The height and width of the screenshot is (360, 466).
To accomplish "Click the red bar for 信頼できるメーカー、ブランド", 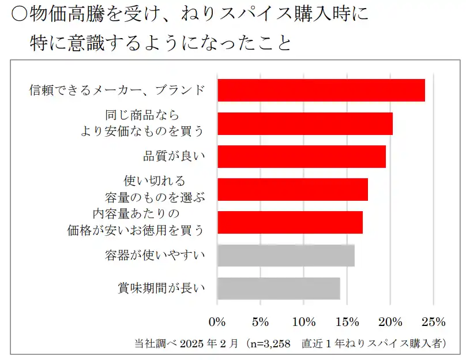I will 321,90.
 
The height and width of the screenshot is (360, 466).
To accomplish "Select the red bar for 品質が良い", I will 302,156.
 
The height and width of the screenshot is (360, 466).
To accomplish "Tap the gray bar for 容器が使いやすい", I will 286,256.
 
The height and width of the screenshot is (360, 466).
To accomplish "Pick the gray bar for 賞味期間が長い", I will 279,288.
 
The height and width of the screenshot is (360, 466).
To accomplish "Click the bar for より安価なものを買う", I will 305,123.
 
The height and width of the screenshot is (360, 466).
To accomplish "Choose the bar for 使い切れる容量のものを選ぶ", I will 292,189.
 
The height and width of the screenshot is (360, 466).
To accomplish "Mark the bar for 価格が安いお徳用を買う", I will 290,223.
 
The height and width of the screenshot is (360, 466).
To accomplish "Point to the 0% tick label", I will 217,321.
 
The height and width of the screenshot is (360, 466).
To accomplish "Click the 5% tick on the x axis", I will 261,321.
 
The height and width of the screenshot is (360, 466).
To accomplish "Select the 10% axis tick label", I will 304,321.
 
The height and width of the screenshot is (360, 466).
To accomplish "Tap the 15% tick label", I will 347,321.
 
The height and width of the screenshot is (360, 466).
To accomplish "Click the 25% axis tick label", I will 434,321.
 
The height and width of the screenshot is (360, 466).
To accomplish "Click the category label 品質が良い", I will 174,156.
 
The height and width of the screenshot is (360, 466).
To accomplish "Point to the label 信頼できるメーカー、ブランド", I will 118,90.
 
